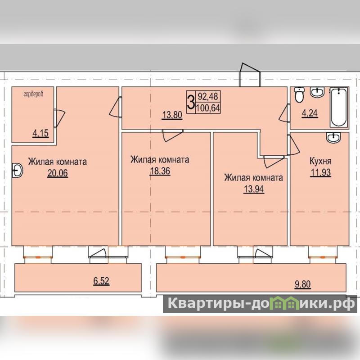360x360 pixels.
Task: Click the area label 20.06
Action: point(58,173)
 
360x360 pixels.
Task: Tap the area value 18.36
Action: point(160,171)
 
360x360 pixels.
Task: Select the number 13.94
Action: point(254,189)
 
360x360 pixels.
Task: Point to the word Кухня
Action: point(320,161)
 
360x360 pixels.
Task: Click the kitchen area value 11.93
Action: point(321,172)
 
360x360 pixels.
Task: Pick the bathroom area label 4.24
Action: point(310,113)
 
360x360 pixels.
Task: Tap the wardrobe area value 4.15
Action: point(40,133)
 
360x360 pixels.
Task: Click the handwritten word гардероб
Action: point(33,94)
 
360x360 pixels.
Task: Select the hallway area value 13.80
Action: point(172,115)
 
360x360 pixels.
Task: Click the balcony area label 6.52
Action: point(101,281)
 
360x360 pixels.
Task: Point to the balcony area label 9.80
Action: point(302,284)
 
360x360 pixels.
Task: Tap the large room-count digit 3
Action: point(191,103)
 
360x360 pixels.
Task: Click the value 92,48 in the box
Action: point(208,96)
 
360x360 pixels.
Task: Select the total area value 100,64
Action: point(208,108)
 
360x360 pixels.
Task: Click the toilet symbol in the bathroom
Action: point(299,94)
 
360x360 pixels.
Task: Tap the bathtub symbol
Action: point(339,107)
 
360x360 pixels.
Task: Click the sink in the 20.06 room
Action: point(17,171)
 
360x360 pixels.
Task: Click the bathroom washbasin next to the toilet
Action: point(317,92)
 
